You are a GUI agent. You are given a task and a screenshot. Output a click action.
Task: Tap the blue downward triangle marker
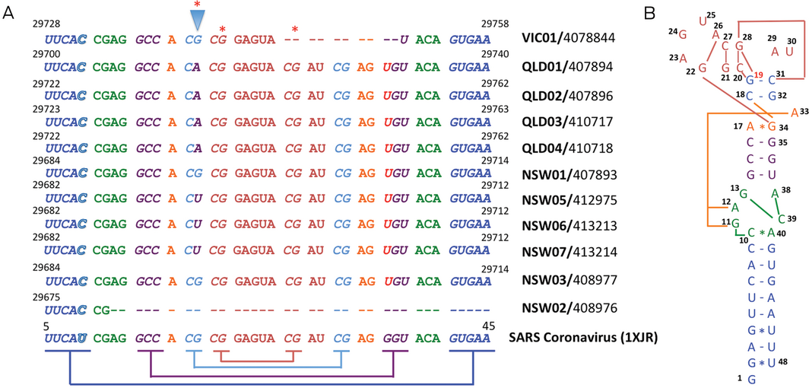pyautogui.click(x=197, y=18)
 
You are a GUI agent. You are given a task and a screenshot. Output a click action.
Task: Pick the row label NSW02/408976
pyautogui.click(x=569, y=310)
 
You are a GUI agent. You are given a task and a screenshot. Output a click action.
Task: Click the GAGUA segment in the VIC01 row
pyautogui.click(x=255, y=37)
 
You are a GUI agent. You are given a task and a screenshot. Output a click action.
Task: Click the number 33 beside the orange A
pyautogui.click(x=801, y=111)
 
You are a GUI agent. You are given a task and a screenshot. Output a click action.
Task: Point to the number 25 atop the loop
pyautogui.click(x=710, y=15)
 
